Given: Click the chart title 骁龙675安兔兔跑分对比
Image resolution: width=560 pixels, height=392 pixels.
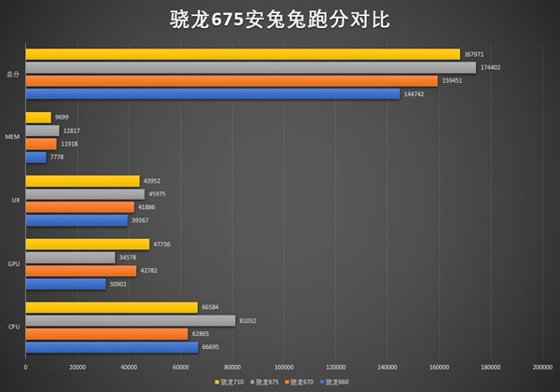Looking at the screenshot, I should pyautogui.click(x=280, y=19).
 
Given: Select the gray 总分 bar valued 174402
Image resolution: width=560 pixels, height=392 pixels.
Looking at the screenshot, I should pyautogui.click(x=251, y=67).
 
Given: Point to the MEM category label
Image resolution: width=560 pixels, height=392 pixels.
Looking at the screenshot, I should pyautogui.click(x=13, y=137).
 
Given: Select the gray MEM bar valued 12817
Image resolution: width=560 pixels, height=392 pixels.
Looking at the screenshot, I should pyautogui.click(x=42, y=131).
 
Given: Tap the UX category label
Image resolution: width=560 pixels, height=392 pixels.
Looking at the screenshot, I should pyautogui.click(x=15, y=201).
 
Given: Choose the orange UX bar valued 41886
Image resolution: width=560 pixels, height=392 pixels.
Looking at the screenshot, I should pyautogui.click(x=80, y=207).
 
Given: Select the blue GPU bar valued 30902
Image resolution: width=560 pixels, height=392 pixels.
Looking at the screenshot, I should pyautogui.click(x=65, y=284).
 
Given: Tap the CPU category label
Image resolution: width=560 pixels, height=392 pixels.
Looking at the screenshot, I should pyautogui.click(x=14, y=328).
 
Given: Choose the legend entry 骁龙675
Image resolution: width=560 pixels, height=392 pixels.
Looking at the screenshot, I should pyautogui.click(x=268, y=382).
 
